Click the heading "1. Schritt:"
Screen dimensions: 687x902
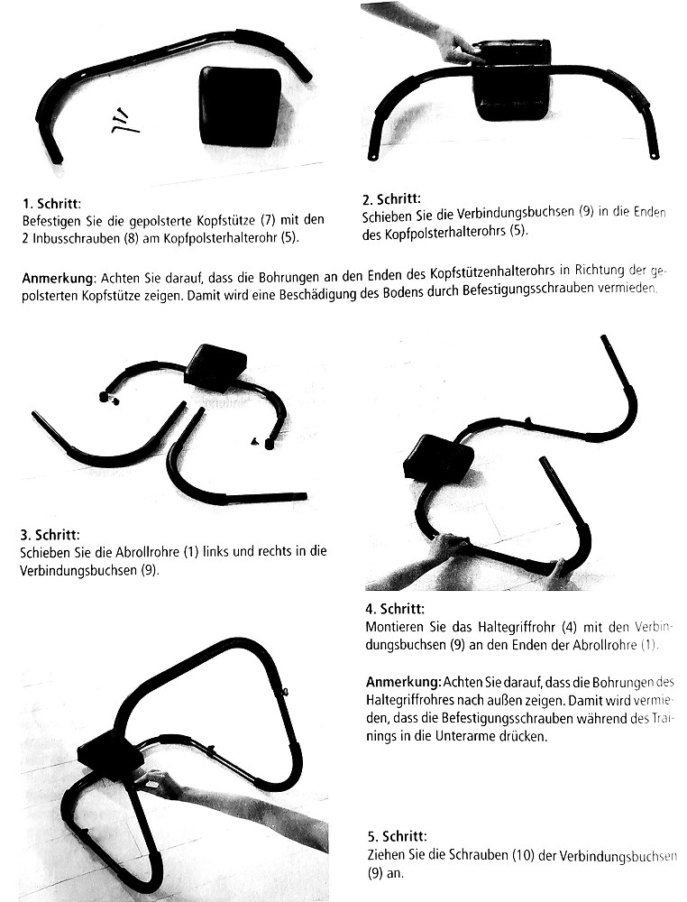pyautogui.click(x=51, y=204)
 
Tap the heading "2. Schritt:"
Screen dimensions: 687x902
pyautogui.click(x=391, y=199)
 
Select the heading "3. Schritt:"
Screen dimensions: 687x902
pyautogui.click(x=50, y=535)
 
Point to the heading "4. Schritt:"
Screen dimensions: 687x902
pyautogui.click(x=395, y=609)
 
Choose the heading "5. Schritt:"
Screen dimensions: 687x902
pyautogui.click(x=398, y=836)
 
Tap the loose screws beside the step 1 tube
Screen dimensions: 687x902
pyautogui.click(x=123, y=119)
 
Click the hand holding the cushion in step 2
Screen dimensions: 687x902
pyautogui.click(x=452, y=42)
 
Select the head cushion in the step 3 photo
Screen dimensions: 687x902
pyautogui.click(x=215, y=368)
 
